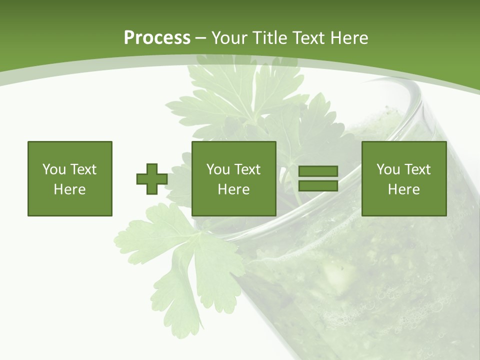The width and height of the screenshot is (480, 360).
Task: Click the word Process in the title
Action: click(x=157, y=38)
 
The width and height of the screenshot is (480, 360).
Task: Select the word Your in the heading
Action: click(x=228, y=38)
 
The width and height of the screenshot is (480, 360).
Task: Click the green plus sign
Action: click(x=152, y=179)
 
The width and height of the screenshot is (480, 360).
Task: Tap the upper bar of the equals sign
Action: click(x=318, y=171)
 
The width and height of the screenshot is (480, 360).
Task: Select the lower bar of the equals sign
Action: click(x=318, y=186)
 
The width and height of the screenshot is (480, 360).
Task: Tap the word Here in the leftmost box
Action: click(x=69, y=189)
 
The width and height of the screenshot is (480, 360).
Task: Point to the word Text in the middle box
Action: click(x=247, y=169)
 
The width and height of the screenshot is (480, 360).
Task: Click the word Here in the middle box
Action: click(x=233, y=189)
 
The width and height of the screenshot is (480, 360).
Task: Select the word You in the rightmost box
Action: click(x=388, y=169)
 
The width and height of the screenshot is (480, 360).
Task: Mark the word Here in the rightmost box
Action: click(x=403, y=189)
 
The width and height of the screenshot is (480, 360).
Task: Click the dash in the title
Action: click(x=200, y=38)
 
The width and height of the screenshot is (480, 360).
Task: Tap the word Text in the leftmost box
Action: click(x=83, y=169)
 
